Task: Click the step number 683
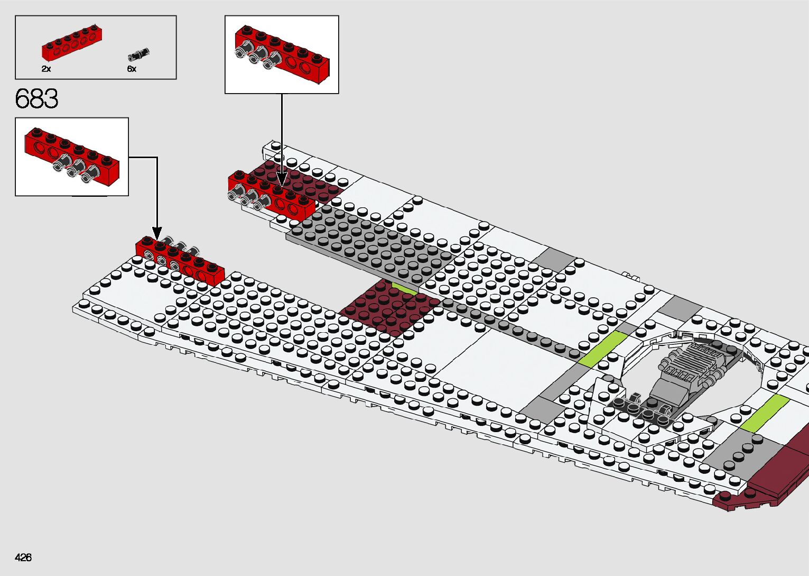pos(36,99)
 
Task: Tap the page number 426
pos(23,557)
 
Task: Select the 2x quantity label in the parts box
pos(46,69)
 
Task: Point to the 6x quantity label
pos(132,69)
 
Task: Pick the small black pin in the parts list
pos(139,54)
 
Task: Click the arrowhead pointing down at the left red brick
pos(157,233)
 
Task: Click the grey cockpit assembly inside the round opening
pos(687,370)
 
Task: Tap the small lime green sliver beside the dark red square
pos(405,289)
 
